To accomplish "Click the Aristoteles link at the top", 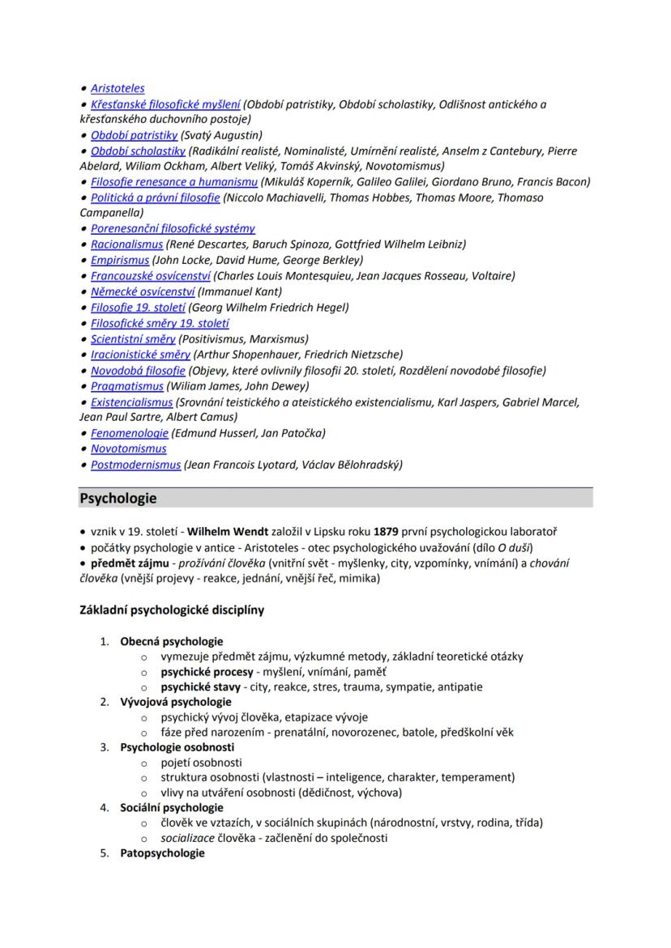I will tap(118, 88).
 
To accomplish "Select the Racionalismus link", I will tap(126, 244).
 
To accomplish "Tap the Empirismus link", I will tap(120, 260).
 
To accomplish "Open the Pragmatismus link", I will tap(126, 386).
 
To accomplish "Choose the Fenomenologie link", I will tap(129, 433).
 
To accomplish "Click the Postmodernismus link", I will tap(135, 465).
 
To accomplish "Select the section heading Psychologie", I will tap(118, 498).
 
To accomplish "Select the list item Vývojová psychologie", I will tap(176, 702).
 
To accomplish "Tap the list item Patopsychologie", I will tap(162, 853).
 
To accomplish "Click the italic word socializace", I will tap(189, 838).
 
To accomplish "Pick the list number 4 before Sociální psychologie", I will tap(104, 808).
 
